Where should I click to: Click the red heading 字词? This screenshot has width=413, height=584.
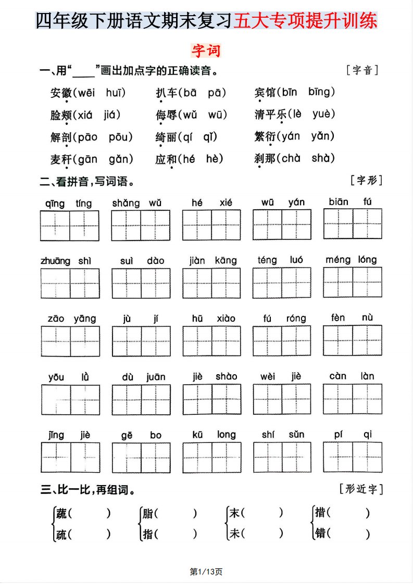206,50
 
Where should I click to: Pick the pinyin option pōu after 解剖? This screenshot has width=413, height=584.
121,137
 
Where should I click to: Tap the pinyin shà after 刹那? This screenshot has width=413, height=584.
323,159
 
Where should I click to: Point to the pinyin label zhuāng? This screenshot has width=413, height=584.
55,261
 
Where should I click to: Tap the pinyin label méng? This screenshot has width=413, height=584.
338,260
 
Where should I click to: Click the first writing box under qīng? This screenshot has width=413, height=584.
55,225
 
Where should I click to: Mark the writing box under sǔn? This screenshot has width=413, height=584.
296,457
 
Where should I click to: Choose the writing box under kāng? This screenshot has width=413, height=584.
226,283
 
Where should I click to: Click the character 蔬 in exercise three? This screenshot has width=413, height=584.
61,513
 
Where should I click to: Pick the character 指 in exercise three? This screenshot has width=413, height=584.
148,534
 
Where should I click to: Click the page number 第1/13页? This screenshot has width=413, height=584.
206,572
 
